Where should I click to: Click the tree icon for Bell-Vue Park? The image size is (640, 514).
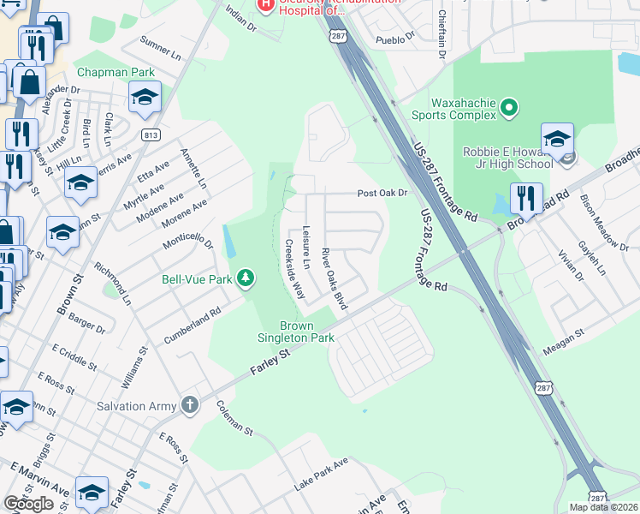(246, 278)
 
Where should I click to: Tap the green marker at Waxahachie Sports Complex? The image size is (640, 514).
(510, 108)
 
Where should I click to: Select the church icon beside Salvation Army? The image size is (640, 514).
(190, 405)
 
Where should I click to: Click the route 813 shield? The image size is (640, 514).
(151, 134)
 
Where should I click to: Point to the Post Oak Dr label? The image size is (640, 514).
(382, 194)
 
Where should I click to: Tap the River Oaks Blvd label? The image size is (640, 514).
(333, 278)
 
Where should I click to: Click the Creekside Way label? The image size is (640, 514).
(294, 268)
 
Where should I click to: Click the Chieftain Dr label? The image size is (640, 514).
(441, 35)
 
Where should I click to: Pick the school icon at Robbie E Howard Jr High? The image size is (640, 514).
(556, 138)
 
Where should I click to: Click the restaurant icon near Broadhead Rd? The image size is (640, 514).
(527, 199)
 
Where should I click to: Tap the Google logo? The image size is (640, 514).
(28, 504)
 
